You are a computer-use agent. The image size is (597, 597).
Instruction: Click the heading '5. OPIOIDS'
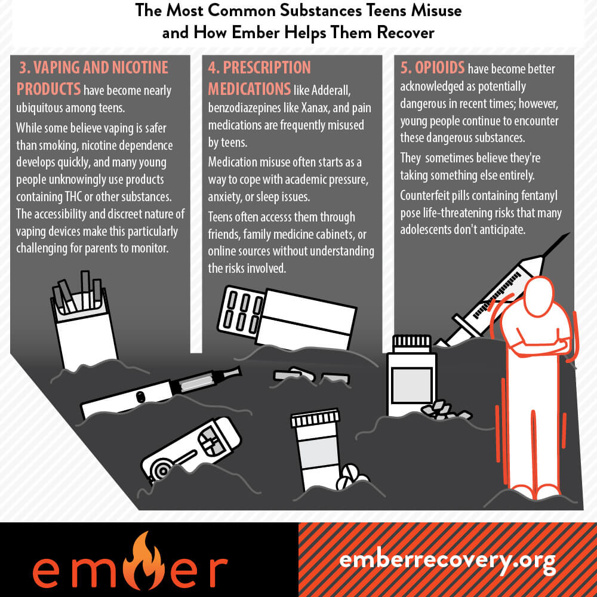point(432,68)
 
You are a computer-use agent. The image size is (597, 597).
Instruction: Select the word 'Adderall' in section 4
point(331,90)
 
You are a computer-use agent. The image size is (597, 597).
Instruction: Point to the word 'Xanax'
point(314,107)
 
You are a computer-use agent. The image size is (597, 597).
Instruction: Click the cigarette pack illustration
point(84,320)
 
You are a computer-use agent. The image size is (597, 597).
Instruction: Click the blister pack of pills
point(241,312)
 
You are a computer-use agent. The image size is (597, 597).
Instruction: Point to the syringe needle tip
point(569,233)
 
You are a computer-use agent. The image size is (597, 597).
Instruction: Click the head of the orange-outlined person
point(538,296)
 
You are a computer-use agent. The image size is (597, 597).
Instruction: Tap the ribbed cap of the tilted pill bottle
point(315,418)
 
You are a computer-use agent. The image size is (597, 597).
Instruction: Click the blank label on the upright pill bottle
point(411,385)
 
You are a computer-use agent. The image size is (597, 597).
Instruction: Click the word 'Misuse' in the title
point(436,10)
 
